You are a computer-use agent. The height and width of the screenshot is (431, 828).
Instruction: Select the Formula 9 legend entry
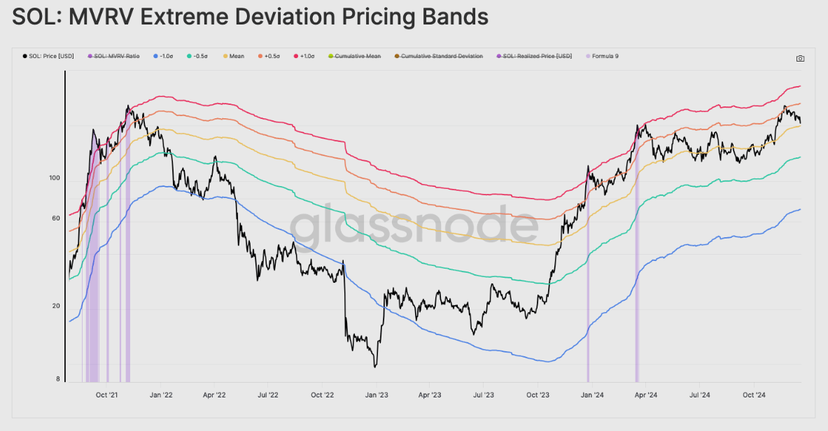click(x=604, y=56)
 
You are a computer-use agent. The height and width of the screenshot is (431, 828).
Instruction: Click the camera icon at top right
click(x=800, y=59)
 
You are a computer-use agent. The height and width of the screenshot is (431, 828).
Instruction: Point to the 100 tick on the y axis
click(x=55, y=178)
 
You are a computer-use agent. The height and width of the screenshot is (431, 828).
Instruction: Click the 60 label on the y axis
click(x=56, y=219)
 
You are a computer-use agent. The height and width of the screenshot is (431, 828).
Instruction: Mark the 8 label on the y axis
click(x=58, y=379)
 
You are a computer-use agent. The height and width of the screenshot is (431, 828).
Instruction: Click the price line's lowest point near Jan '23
click(x=376, y=366)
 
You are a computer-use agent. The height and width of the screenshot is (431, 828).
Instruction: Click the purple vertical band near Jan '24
click(x=588, y=280)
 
